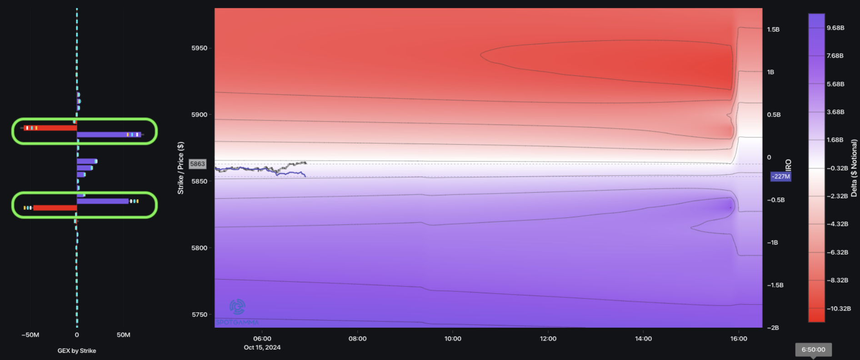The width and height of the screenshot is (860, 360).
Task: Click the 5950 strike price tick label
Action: point(199,48)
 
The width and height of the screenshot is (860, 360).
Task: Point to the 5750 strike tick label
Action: point(199,315)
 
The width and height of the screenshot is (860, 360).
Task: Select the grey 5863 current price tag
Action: point(198,164)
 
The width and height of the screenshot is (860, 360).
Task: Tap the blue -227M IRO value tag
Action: point(780,176)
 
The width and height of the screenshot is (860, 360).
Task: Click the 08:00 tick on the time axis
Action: point(357,339)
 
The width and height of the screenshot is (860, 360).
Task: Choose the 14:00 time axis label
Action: point(643,339)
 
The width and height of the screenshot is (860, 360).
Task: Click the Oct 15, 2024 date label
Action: point(262,348)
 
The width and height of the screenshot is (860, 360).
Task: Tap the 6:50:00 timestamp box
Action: point(813,350)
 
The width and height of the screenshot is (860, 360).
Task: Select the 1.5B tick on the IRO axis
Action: point(773,30)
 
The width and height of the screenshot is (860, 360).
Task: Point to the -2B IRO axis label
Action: point(773,328)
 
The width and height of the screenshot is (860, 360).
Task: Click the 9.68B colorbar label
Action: point(835,28)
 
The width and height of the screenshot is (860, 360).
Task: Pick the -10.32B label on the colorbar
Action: point(839,309)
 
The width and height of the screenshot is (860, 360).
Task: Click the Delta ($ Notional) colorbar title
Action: point(854,168)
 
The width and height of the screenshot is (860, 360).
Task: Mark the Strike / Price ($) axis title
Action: point(181,168)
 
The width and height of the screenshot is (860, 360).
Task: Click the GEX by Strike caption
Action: point(77,351)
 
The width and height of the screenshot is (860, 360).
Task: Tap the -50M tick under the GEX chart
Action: point(30,335)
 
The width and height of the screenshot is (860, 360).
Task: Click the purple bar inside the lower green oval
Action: point(103,201)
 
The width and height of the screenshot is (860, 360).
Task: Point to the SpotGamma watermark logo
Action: point(237,307)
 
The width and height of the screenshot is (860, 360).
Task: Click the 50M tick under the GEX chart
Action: point(123,335)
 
